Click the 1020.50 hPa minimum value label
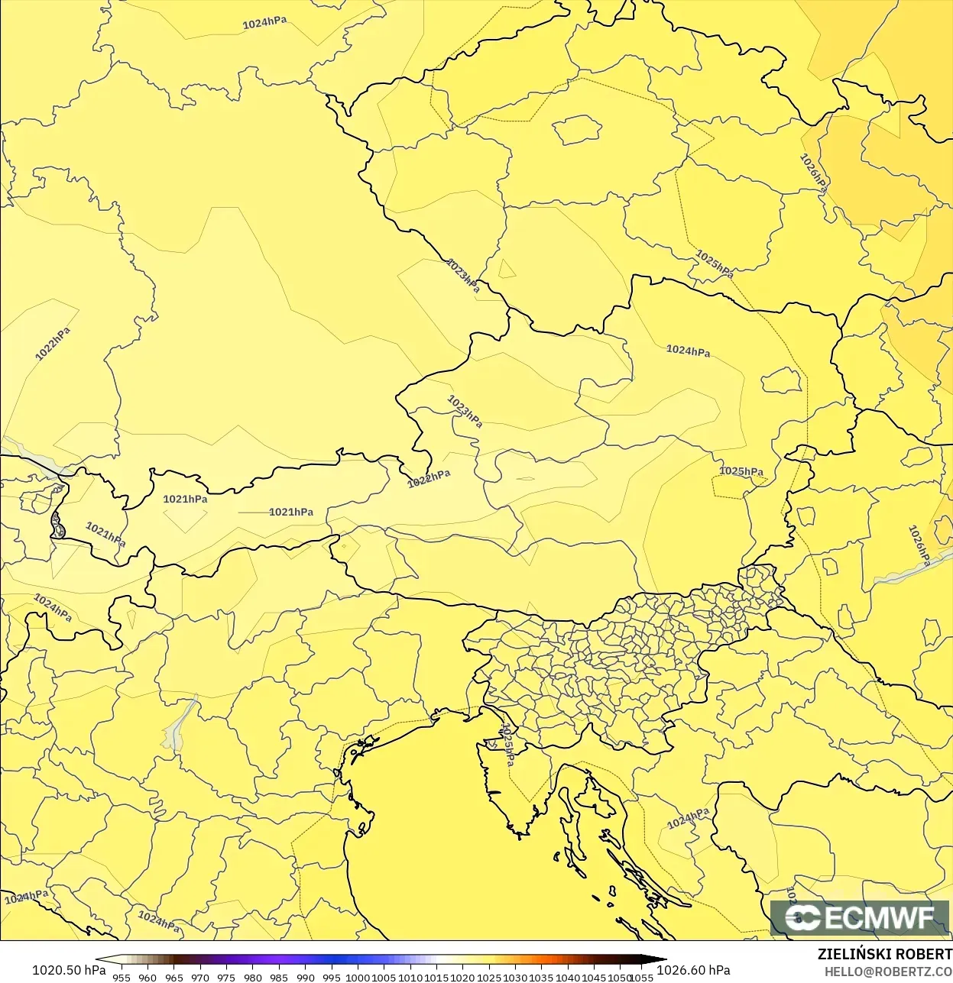click(x=69, y=970)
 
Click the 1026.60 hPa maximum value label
click(x=693, y=970)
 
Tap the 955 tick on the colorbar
click(x=121, y=977)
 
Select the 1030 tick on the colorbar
click(x=515, y=977)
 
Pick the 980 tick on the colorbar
click(x=252, y=977)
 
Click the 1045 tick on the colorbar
click(x=594, y=977)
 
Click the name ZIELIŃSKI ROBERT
click(x=884, y=954)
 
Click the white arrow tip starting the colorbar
click(x=101, y=960)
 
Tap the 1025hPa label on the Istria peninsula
click(x=506, y=745)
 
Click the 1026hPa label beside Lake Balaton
click(x=919, y=546)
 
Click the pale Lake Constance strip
click(x=34, y=458)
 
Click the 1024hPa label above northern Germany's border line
click(x=264, y=23)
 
